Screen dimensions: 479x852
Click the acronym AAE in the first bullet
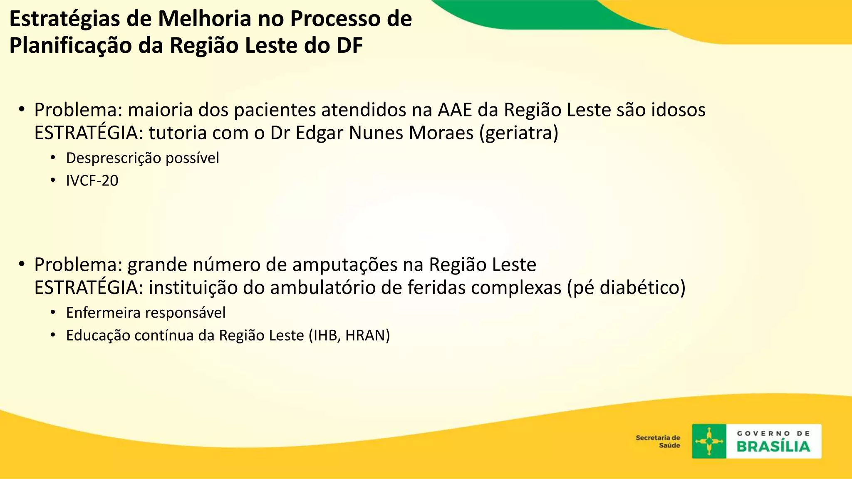click(x=455, y=110)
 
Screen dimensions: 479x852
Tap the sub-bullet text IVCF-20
click(x=92, y=181)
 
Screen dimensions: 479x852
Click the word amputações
click(x=345, y=265)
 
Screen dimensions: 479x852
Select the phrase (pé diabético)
click(x=626, y=288)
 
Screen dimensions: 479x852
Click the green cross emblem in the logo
click(x=709, y=441)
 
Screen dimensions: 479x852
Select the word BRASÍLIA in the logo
click(x=773, y=447)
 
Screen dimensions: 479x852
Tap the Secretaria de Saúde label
click(x=658, y=442)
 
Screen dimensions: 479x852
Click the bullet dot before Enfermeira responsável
click(x=53, y=312)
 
